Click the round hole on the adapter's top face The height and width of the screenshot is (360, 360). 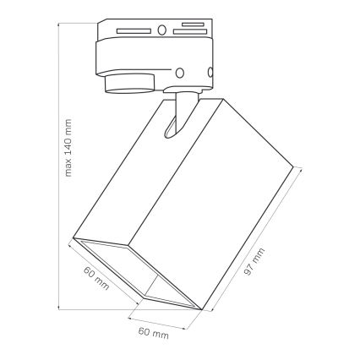pos(161,32)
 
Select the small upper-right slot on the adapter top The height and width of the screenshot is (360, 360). pos(193,25)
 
